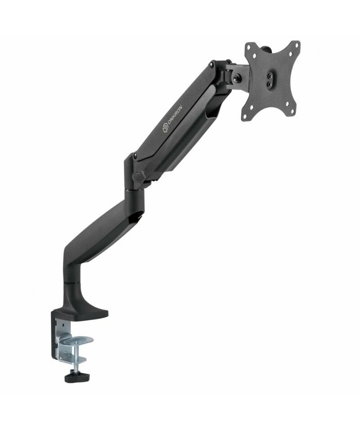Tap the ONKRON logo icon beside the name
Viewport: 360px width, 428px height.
(x=166, y=128)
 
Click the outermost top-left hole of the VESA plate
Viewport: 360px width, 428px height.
(x=248, y=46)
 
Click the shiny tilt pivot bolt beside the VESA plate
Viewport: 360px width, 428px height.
(x=236, y=78)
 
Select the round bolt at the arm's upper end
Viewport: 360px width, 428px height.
(x=211, y=64)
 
